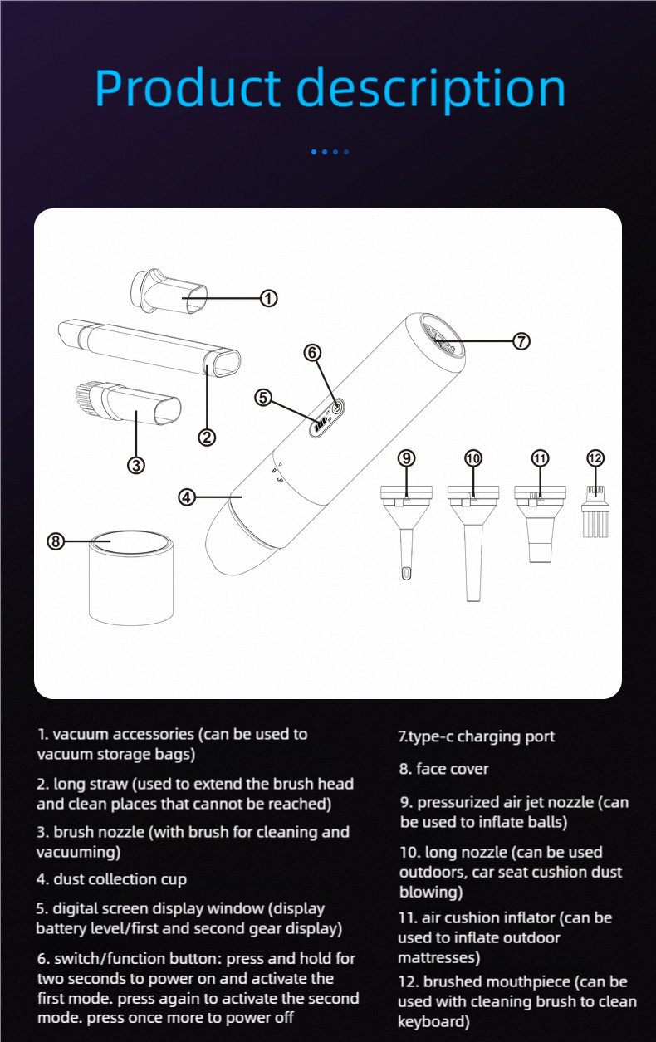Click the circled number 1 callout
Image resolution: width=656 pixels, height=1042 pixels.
click(x=268, y=298)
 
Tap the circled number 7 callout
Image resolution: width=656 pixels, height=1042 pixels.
click(x=521, y=341)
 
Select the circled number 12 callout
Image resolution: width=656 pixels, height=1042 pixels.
click(x=595, y=458)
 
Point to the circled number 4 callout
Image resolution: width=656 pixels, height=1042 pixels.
click(x=187, y=497)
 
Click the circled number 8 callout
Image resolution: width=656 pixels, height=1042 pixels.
click(x=56, y=541)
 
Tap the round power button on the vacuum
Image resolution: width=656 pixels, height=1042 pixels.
click(x=337, y=407)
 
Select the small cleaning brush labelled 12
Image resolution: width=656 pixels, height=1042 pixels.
click(x=595, y=511)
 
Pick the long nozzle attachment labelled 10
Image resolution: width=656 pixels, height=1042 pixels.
click(x=473, y=543)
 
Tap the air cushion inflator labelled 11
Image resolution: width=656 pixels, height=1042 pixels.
click(x=540, y=524)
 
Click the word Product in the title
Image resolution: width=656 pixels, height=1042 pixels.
click(x=188, y=88)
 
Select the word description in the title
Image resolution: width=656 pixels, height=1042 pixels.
click(x=431, y=90)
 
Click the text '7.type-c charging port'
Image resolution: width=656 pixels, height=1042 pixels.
click(x=477, y=736)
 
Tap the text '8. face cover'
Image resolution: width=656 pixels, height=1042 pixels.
click(x=444, y=769)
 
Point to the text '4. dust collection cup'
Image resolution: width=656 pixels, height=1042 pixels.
click(x=111, y=879)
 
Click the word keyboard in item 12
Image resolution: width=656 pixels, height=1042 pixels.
click(x=433, y=1021)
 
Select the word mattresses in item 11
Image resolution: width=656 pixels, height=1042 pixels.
click(x=438, y=958)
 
